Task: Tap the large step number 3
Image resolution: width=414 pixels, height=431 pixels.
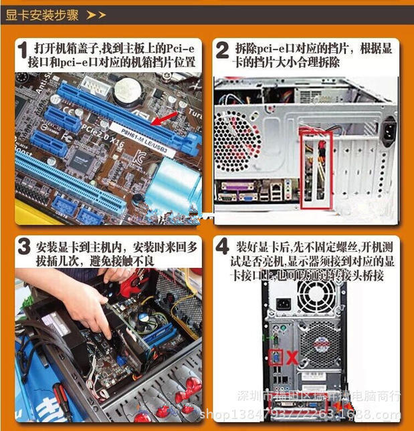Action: click(x=23, y=249)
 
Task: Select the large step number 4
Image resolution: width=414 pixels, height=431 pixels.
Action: click(x=223, y=248)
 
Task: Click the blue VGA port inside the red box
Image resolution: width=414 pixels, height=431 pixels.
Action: click(x=276, y=358)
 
